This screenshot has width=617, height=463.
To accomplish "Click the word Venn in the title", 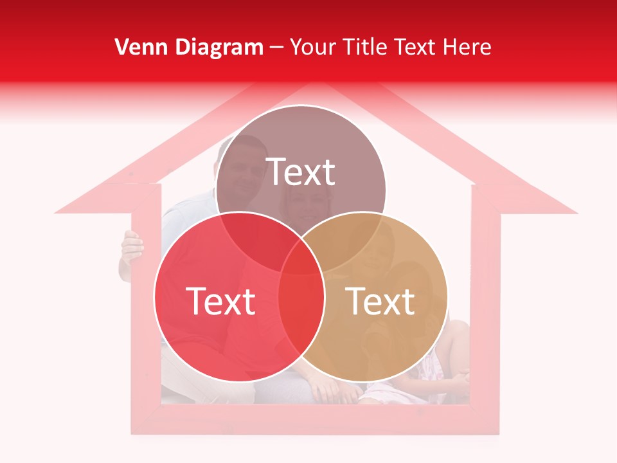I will point(137,47).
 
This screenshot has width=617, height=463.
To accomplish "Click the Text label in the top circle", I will point(301,172).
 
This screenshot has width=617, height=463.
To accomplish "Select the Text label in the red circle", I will point(220,300).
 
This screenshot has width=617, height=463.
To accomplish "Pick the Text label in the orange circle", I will point(380,300).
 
